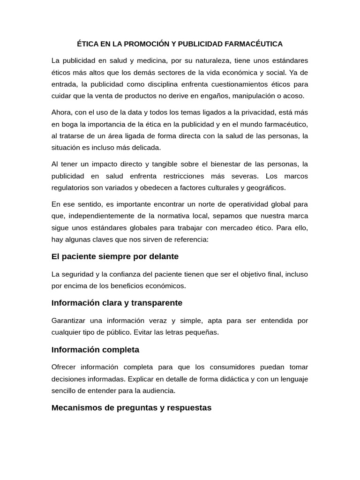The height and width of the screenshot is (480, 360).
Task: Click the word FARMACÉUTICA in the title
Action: tap(256, 44)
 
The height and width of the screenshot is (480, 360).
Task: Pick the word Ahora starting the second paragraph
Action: tap(61, 112)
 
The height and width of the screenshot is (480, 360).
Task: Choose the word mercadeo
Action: tap(238, 228)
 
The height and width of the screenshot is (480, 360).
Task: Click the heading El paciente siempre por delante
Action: tap(115, 257)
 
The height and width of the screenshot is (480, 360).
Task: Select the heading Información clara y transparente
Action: tap(117, 303)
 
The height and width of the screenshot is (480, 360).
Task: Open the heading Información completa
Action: tap(95, 350)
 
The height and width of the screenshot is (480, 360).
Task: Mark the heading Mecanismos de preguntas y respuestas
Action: tap(131, 408)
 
